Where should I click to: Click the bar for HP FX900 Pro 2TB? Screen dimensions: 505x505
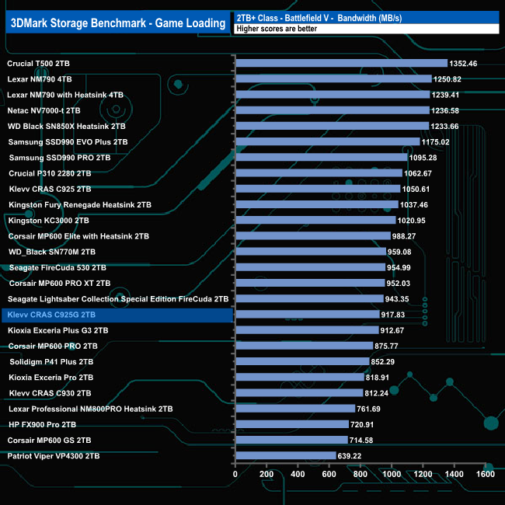tap(291, 424)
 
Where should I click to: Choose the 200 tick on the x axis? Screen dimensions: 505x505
tap(266, 474)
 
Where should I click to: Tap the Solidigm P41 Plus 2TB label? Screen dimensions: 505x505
tap(51, 362)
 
